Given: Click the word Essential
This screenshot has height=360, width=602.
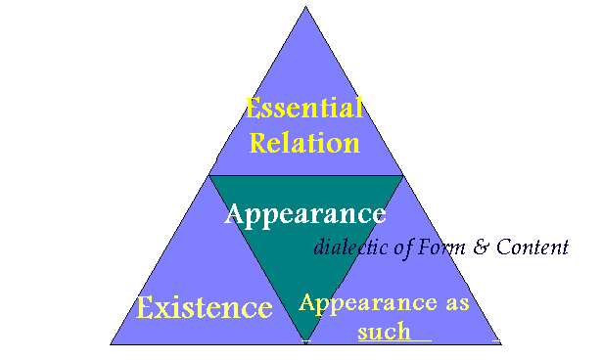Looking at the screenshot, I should pos(304,108).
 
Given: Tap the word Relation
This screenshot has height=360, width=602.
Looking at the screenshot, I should pos(304,142).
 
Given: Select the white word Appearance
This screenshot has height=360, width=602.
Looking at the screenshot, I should pos(304,212).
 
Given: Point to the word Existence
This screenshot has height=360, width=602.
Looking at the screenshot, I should pos(204,308).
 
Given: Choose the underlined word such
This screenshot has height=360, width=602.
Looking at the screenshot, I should pos(384,332).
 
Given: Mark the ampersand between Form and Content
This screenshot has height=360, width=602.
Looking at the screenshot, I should pos(481,246).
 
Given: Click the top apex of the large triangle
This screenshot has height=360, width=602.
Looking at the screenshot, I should pos(305,8).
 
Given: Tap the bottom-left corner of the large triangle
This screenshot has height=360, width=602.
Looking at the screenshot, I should pos(111,343).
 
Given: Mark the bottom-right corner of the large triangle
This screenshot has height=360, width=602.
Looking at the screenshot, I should pos(500,343).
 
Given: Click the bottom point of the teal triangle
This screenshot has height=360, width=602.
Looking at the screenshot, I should pos(305,341).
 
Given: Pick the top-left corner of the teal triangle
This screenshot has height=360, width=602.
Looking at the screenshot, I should pos(210,176).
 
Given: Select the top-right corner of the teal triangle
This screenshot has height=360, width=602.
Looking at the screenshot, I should pos(401,176).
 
